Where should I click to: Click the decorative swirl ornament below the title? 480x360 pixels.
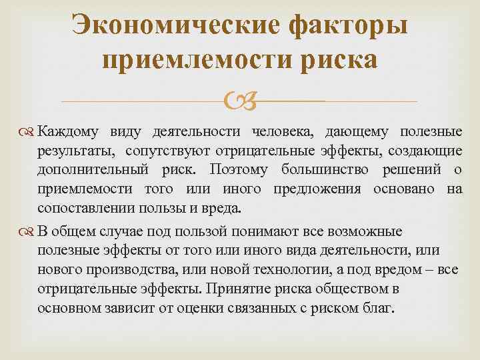[x=239, y=102]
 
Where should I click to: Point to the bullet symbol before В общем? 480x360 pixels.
[x=26, y=232]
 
